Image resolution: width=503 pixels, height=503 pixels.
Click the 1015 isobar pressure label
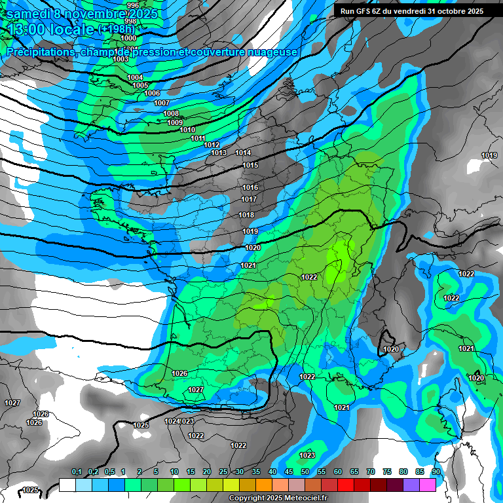click(x=250, y=166)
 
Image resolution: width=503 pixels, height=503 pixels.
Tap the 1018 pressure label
click(x=246, y=215)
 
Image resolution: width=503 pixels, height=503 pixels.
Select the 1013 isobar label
click(x=219, y=153)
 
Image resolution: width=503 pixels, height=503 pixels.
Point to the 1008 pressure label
click(x=171, y=114)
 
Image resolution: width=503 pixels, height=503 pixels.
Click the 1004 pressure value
click(x=135, y=78)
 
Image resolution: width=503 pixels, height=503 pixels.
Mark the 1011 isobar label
click(x=198, y=138)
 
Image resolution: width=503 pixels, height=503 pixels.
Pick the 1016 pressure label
click(x=250, y=188)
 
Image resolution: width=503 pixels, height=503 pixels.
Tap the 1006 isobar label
click(x=152, y=94)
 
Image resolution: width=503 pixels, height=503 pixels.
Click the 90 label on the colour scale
click(x=436, y=472)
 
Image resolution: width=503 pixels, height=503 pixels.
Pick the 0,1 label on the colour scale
click(x=76, y=472)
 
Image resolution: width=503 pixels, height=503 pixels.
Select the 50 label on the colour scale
click(x=305, y=472)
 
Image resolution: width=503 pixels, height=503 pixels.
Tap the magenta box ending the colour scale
click(x=428, y=485)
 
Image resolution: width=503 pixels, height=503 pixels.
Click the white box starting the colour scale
click(x=67, y=485)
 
